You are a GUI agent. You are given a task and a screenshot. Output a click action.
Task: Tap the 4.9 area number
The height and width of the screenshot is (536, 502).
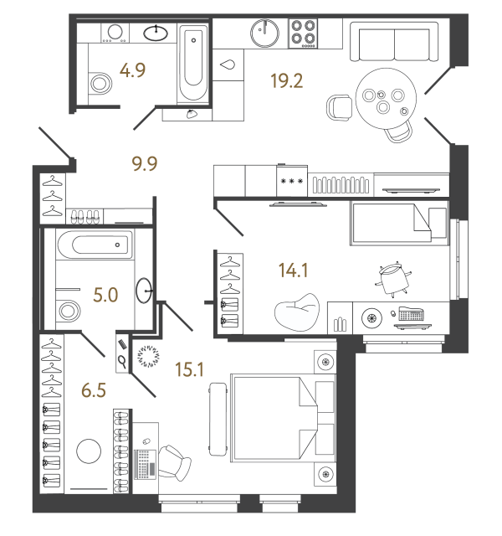click(133, 70)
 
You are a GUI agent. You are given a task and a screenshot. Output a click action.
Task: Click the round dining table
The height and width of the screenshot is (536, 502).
click(382, 96)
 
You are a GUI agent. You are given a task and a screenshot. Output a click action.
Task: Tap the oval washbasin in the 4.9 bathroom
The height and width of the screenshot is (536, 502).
click(156, 33)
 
